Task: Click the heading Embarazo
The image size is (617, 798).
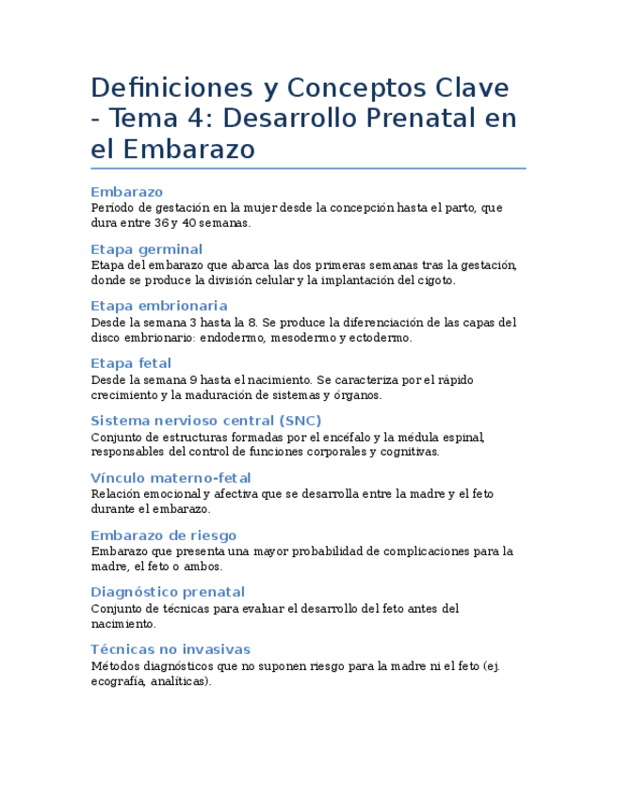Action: click(x=127, y=192)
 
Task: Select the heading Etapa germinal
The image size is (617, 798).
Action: click(x=146, y=249)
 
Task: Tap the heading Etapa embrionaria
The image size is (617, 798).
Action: click(x=158, y=306)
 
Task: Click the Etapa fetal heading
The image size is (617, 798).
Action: click(x=131, y=363)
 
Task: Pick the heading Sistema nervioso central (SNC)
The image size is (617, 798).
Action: click(x=205, y=421)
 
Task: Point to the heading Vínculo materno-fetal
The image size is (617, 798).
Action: click(x=170, y=478)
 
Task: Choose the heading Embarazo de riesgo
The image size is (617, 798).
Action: click(x=163, y=535)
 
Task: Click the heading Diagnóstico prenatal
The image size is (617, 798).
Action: click(x=168, y=592)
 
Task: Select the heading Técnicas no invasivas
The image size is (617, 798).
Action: click(x=170, y=649)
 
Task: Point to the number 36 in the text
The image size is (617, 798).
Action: click(x=163, y=223)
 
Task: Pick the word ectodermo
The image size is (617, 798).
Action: click(x=381, y=338)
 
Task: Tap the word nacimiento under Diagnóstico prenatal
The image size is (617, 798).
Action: click(x=122, y=624)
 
